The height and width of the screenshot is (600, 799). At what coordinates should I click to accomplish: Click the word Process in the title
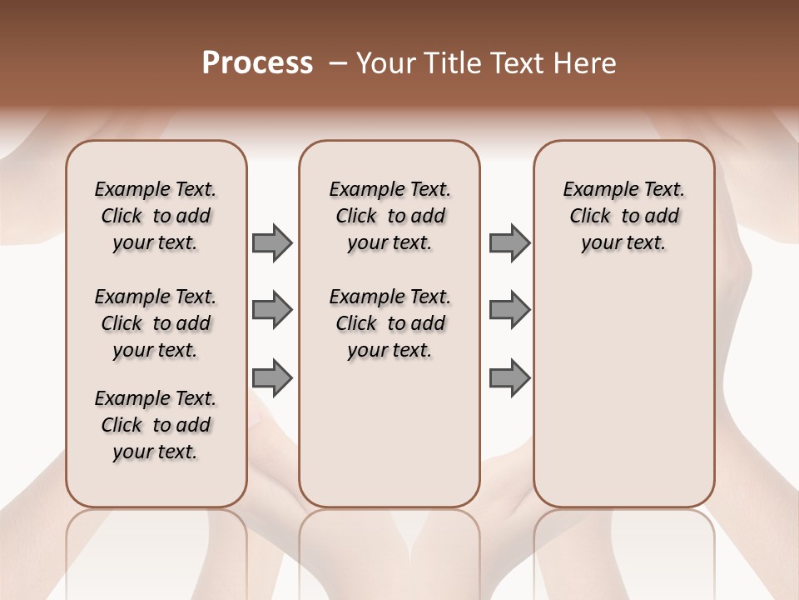click(x=257, y=63)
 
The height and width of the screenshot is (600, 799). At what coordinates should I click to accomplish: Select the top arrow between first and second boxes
click(x=272, y=243)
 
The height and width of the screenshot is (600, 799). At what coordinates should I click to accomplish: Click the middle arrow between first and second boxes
click(x=272, y=311)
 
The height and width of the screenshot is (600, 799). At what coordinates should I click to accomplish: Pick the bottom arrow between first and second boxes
click(x=272, y=377)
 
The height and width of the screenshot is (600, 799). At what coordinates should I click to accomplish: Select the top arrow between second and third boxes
click(x=509, y=243)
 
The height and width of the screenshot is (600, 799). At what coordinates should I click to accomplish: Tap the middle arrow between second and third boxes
click(x=509, y=311)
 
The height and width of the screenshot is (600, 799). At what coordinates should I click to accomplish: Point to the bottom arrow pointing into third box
click(x=509, y=377)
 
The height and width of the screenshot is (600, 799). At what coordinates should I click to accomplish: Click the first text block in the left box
click(x=156, y=216)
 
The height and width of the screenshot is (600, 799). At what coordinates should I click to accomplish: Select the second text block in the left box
click(x=156, y=323)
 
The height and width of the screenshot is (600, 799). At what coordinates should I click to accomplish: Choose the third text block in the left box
click(x=156, y=425)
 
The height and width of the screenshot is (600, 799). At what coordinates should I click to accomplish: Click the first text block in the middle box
click(x=390, y=216)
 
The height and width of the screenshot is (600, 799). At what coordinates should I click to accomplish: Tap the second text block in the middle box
click(x=390, y=323)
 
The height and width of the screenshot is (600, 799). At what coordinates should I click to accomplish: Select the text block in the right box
click(x=623, y=216)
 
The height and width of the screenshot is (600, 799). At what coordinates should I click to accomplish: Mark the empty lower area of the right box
click(x=623, y=392)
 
